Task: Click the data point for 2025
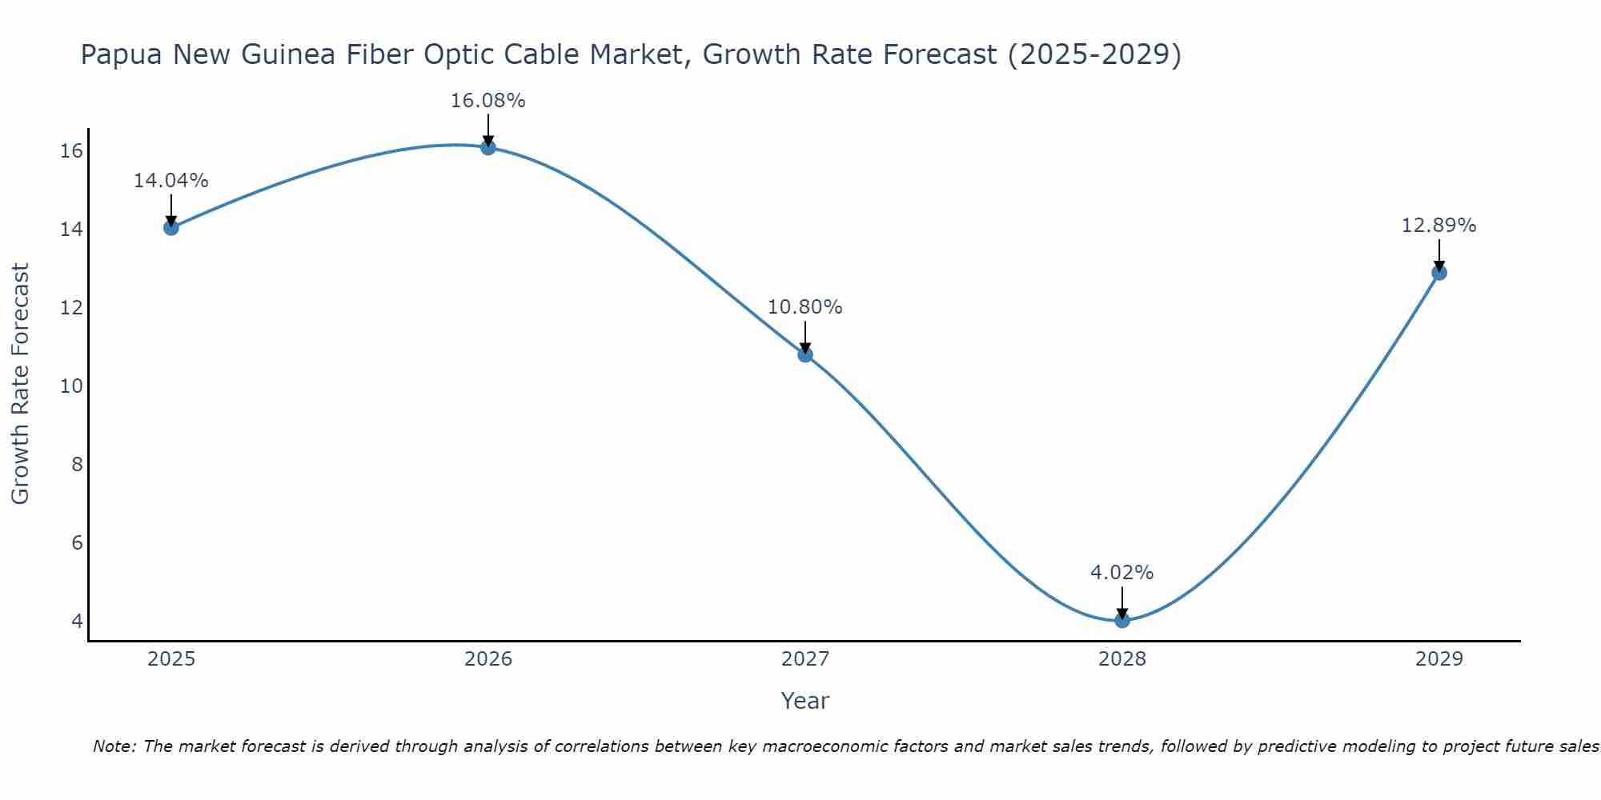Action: click(171, 227)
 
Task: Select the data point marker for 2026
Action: click(488, 147)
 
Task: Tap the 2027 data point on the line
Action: click(805, 354)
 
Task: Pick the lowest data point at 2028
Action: click(1122, 620)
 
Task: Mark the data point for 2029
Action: click(1438, 273)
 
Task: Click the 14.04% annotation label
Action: click(171, 181)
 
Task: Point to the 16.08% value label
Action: click(488, 101)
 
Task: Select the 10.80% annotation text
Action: click(805, 307)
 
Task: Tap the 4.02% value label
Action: click(1122, 573)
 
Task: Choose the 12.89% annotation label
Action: click(1438, 226)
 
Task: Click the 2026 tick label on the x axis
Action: click(488, 659)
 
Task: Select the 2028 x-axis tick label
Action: click(1122, 659)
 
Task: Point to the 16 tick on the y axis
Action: click(72, 151)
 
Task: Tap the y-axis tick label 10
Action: click(72, 386)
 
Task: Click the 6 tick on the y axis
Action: click(77, 543)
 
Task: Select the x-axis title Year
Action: click(805, 701)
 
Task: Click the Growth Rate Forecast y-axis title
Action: click(20, 384)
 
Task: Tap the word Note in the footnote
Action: click(114, 746)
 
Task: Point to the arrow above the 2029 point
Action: click(1438, 254)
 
